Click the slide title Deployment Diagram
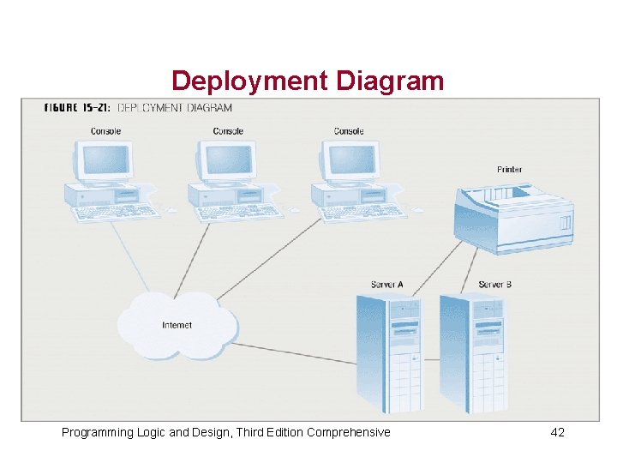pos(308,81)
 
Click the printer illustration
pos(512,215)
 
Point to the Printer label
pos(509,170)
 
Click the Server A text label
pos(386,284)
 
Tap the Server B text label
pos(495,284)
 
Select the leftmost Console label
pos(105,131)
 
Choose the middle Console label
pos(228,131)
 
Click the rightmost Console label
pos(349,131)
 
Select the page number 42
pos(557,432)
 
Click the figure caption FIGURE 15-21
pos(76,107)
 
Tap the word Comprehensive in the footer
pos(349,432)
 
